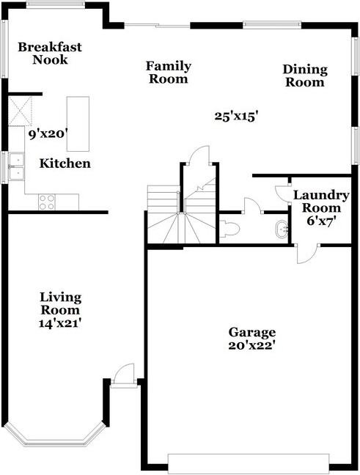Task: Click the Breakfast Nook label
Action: [50, 54]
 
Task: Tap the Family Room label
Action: [169, 73]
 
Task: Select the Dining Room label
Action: [305, 76]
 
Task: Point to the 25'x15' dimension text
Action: [236, 117]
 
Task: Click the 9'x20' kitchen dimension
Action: [48, 133]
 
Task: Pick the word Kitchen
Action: [65, 163]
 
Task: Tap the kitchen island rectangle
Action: [78, 124]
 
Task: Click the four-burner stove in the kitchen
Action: [47, 202]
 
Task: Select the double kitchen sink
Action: [16, 166]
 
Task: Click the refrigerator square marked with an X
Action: [20, 111]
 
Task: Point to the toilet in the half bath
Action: [229, 229]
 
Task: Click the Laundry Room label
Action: [321, 202]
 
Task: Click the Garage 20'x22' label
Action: [251, 339]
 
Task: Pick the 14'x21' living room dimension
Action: [60, 323]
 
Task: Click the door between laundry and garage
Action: [307, 254]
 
